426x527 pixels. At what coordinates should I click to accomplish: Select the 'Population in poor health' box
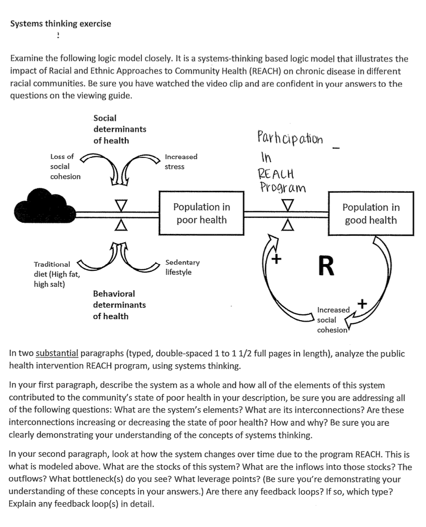[x=201, y=213]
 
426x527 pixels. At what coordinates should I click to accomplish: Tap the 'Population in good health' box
[x=371, y=214]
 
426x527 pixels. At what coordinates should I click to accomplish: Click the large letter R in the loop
[x=326, y=267]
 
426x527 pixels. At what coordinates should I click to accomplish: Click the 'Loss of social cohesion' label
[x=65, y=167]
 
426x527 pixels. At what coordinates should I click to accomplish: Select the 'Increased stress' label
[x=181, y=162]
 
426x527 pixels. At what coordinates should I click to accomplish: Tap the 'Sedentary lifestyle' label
[x=182, y=267]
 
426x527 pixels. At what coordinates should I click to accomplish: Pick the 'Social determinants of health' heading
[x=120, y=129]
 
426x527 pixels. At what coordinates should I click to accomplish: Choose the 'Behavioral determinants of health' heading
[x=119, y=305]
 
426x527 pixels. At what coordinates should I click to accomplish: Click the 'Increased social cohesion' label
[x=333, y=320]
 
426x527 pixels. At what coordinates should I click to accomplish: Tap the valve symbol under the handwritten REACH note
[x=288, y=214]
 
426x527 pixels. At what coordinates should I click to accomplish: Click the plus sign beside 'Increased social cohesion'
[x=363, y=303]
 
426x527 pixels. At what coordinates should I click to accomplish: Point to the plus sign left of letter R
[x=276, y=259]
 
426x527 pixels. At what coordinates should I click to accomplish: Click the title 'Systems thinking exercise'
[x=61, y=24]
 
